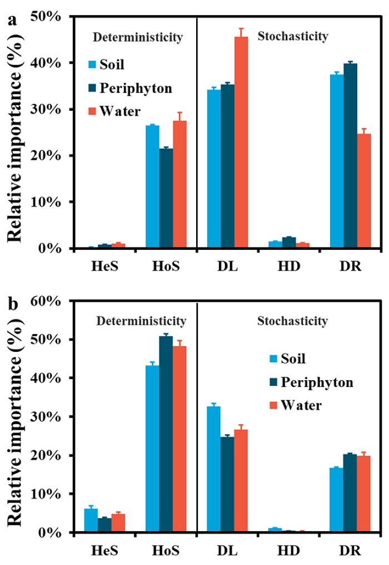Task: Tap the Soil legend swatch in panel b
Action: coord(271,359)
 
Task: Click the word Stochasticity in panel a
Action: coord(293,37)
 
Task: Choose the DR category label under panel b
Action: coord(351,551)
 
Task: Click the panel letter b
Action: coord(12,304)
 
